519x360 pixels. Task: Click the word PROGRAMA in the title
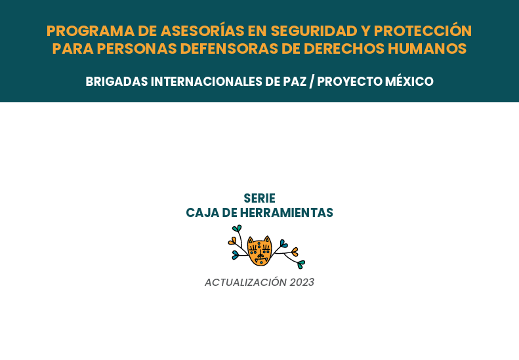pyautogui.click(x=91, y=31)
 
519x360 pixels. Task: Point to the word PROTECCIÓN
pyautogui.click(x=423, y=30)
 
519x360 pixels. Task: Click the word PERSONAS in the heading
pyautogui.click(x=136, y=49)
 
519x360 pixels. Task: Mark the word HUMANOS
pyautogui.click(x=427, y=49)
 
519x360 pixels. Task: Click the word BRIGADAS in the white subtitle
pyautogui.click(x=117, y=81)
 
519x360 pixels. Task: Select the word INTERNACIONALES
pyautogui.click(x=206, y=81)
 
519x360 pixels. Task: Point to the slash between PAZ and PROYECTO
pyautogui.click(x=312, y=82)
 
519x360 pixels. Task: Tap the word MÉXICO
pyautogui.click(x=409, y=81)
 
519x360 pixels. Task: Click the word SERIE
pyautogui.click(x=260, y=199)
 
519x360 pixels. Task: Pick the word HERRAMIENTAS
pyautogui.click(x=286, y=212)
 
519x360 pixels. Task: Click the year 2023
pyautogui.click(x=302, y=282)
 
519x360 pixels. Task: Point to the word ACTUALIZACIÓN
pyautogui.click(x=245, y=282)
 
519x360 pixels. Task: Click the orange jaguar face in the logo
pyautogui.click(x=260, y=250)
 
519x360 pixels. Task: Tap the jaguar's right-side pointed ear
pyautogui.click(x=268, y=239)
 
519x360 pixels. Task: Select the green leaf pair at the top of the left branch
pyautogui.click(x=237, y=228)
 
